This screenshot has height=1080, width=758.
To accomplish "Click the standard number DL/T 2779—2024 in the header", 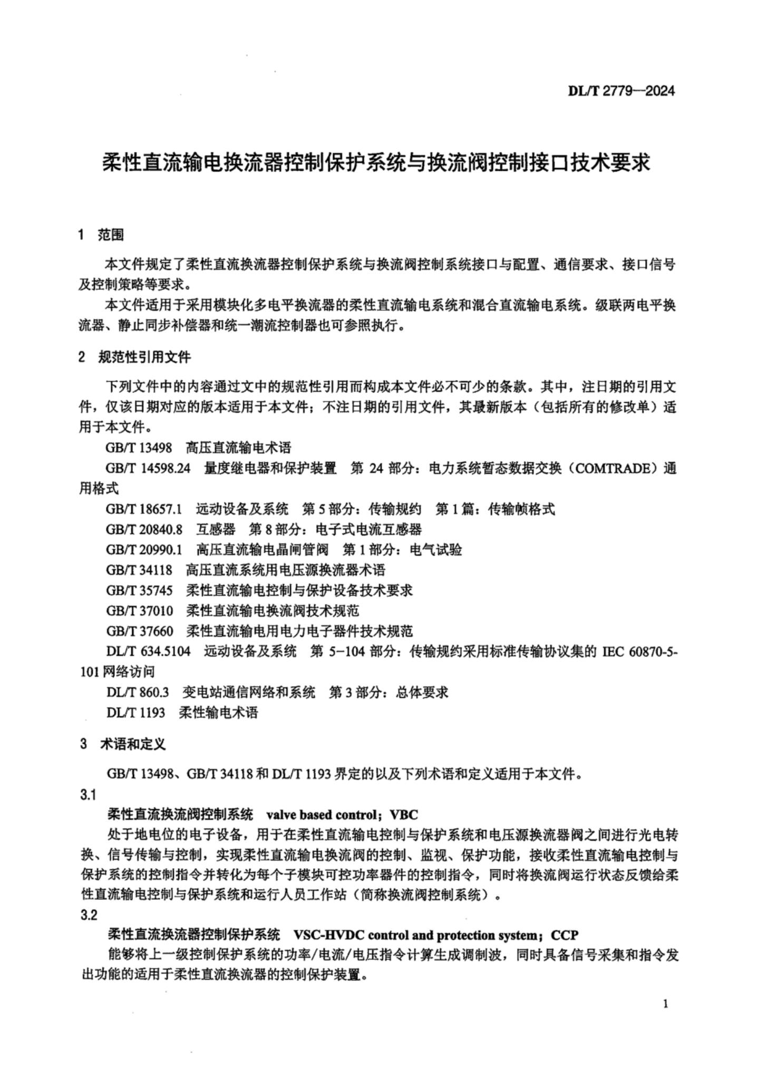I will pos(620,91).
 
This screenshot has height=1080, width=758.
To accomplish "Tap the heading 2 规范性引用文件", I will pos(134,357).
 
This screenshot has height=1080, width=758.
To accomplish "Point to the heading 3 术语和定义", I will pos(123,744).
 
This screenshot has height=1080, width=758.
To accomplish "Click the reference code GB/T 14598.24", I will pos(148,468).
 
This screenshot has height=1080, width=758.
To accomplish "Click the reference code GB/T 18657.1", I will pos(144,509).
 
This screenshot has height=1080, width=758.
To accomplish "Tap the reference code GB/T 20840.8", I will pos(144,529).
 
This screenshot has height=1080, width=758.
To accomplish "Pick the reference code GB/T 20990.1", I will pos(144,550).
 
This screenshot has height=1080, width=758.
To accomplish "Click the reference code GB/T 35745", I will pos(139,590).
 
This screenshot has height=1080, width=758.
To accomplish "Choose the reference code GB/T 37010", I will pos(139,611).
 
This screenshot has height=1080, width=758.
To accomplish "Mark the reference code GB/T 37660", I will pos(139,631).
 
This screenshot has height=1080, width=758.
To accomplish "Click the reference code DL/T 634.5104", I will pos(148,651).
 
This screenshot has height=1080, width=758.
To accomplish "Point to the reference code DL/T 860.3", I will pos(137,692).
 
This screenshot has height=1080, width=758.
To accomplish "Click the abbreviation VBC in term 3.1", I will pos(403,815).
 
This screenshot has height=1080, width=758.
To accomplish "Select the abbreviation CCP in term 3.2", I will pos(565,936).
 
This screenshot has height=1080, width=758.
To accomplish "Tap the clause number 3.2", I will pos(89,915).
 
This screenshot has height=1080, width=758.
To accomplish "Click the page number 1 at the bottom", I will pos(666,1004).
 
